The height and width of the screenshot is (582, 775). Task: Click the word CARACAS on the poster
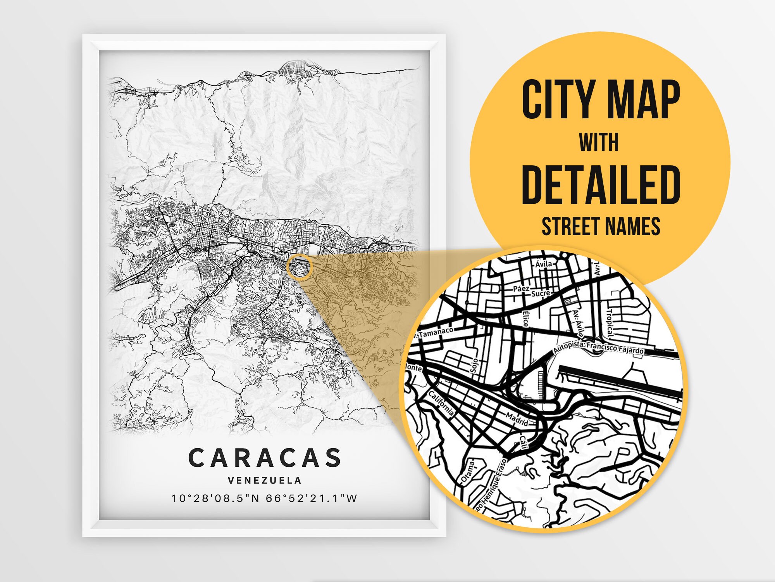(x=265, y=458)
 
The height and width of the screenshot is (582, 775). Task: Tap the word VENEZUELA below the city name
(x=265, y=480)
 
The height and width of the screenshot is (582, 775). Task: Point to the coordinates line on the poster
(x=265, y=498)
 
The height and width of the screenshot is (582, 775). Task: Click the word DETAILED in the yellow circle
(x=601, y=185)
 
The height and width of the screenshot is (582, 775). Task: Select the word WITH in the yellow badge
(x=599, y=142)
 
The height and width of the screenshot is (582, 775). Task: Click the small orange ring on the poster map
(x=300, y=267)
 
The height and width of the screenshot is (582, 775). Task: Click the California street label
(x=441, y=404)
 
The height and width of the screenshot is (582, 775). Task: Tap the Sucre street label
(x=540, y=293)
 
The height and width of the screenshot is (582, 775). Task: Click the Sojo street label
(x=474, y=365)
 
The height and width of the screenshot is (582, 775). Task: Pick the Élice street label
(x=525, y=319)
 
